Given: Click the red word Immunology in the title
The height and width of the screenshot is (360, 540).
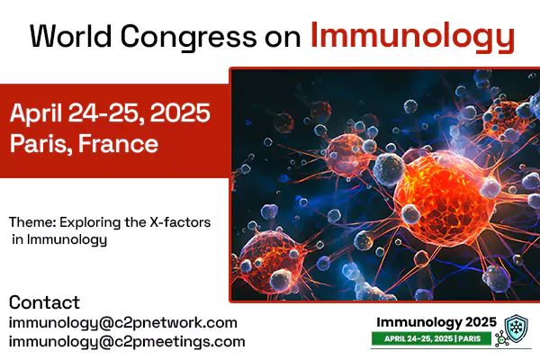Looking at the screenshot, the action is coord(412,37).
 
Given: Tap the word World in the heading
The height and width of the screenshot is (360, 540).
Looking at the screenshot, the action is coord(71,36).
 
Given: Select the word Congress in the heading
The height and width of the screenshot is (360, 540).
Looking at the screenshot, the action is coord(189,38).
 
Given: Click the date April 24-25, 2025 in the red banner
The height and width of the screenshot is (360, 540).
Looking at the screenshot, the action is coord(110,112).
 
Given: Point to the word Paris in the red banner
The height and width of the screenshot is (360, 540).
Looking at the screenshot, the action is coord(38,144).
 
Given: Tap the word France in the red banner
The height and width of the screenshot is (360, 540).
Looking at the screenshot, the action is coord(118,143).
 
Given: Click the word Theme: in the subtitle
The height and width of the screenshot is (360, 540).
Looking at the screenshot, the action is coord(32,222).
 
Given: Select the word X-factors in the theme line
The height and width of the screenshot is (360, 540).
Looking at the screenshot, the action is coord(180,222).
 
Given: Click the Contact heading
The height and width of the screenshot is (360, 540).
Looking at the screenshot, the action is coord(44,302).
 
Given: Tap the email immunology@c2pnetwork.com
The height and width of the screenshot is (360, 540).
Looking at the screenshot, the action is coord(123,323).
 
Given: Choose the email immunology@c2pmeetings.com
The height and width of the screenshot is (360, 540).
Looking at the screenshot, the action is coord(127,342).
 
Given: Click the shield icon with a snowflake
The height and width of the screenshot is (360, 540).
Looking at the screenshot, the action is coord(516,328).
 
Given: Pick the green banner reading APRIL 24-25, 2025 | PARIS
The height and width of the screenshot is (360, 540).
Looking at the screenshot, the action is coord(431,338).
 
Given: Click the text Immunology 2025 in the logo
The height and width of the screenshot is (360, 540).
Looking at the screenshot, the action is coord(436,322).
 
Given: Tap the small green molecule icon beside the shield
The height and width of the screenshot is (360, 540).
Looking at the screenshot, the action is coord(501,339).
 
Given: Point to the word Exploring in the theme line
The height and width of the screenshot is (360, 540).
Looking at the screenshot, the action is coord(90,223).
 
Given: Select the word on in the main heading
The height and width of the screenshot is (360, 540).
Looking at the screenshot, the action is coord(283,39).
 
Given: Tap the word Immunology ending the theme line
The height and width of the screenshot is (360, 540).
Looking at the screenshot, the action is coord(67,240).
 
